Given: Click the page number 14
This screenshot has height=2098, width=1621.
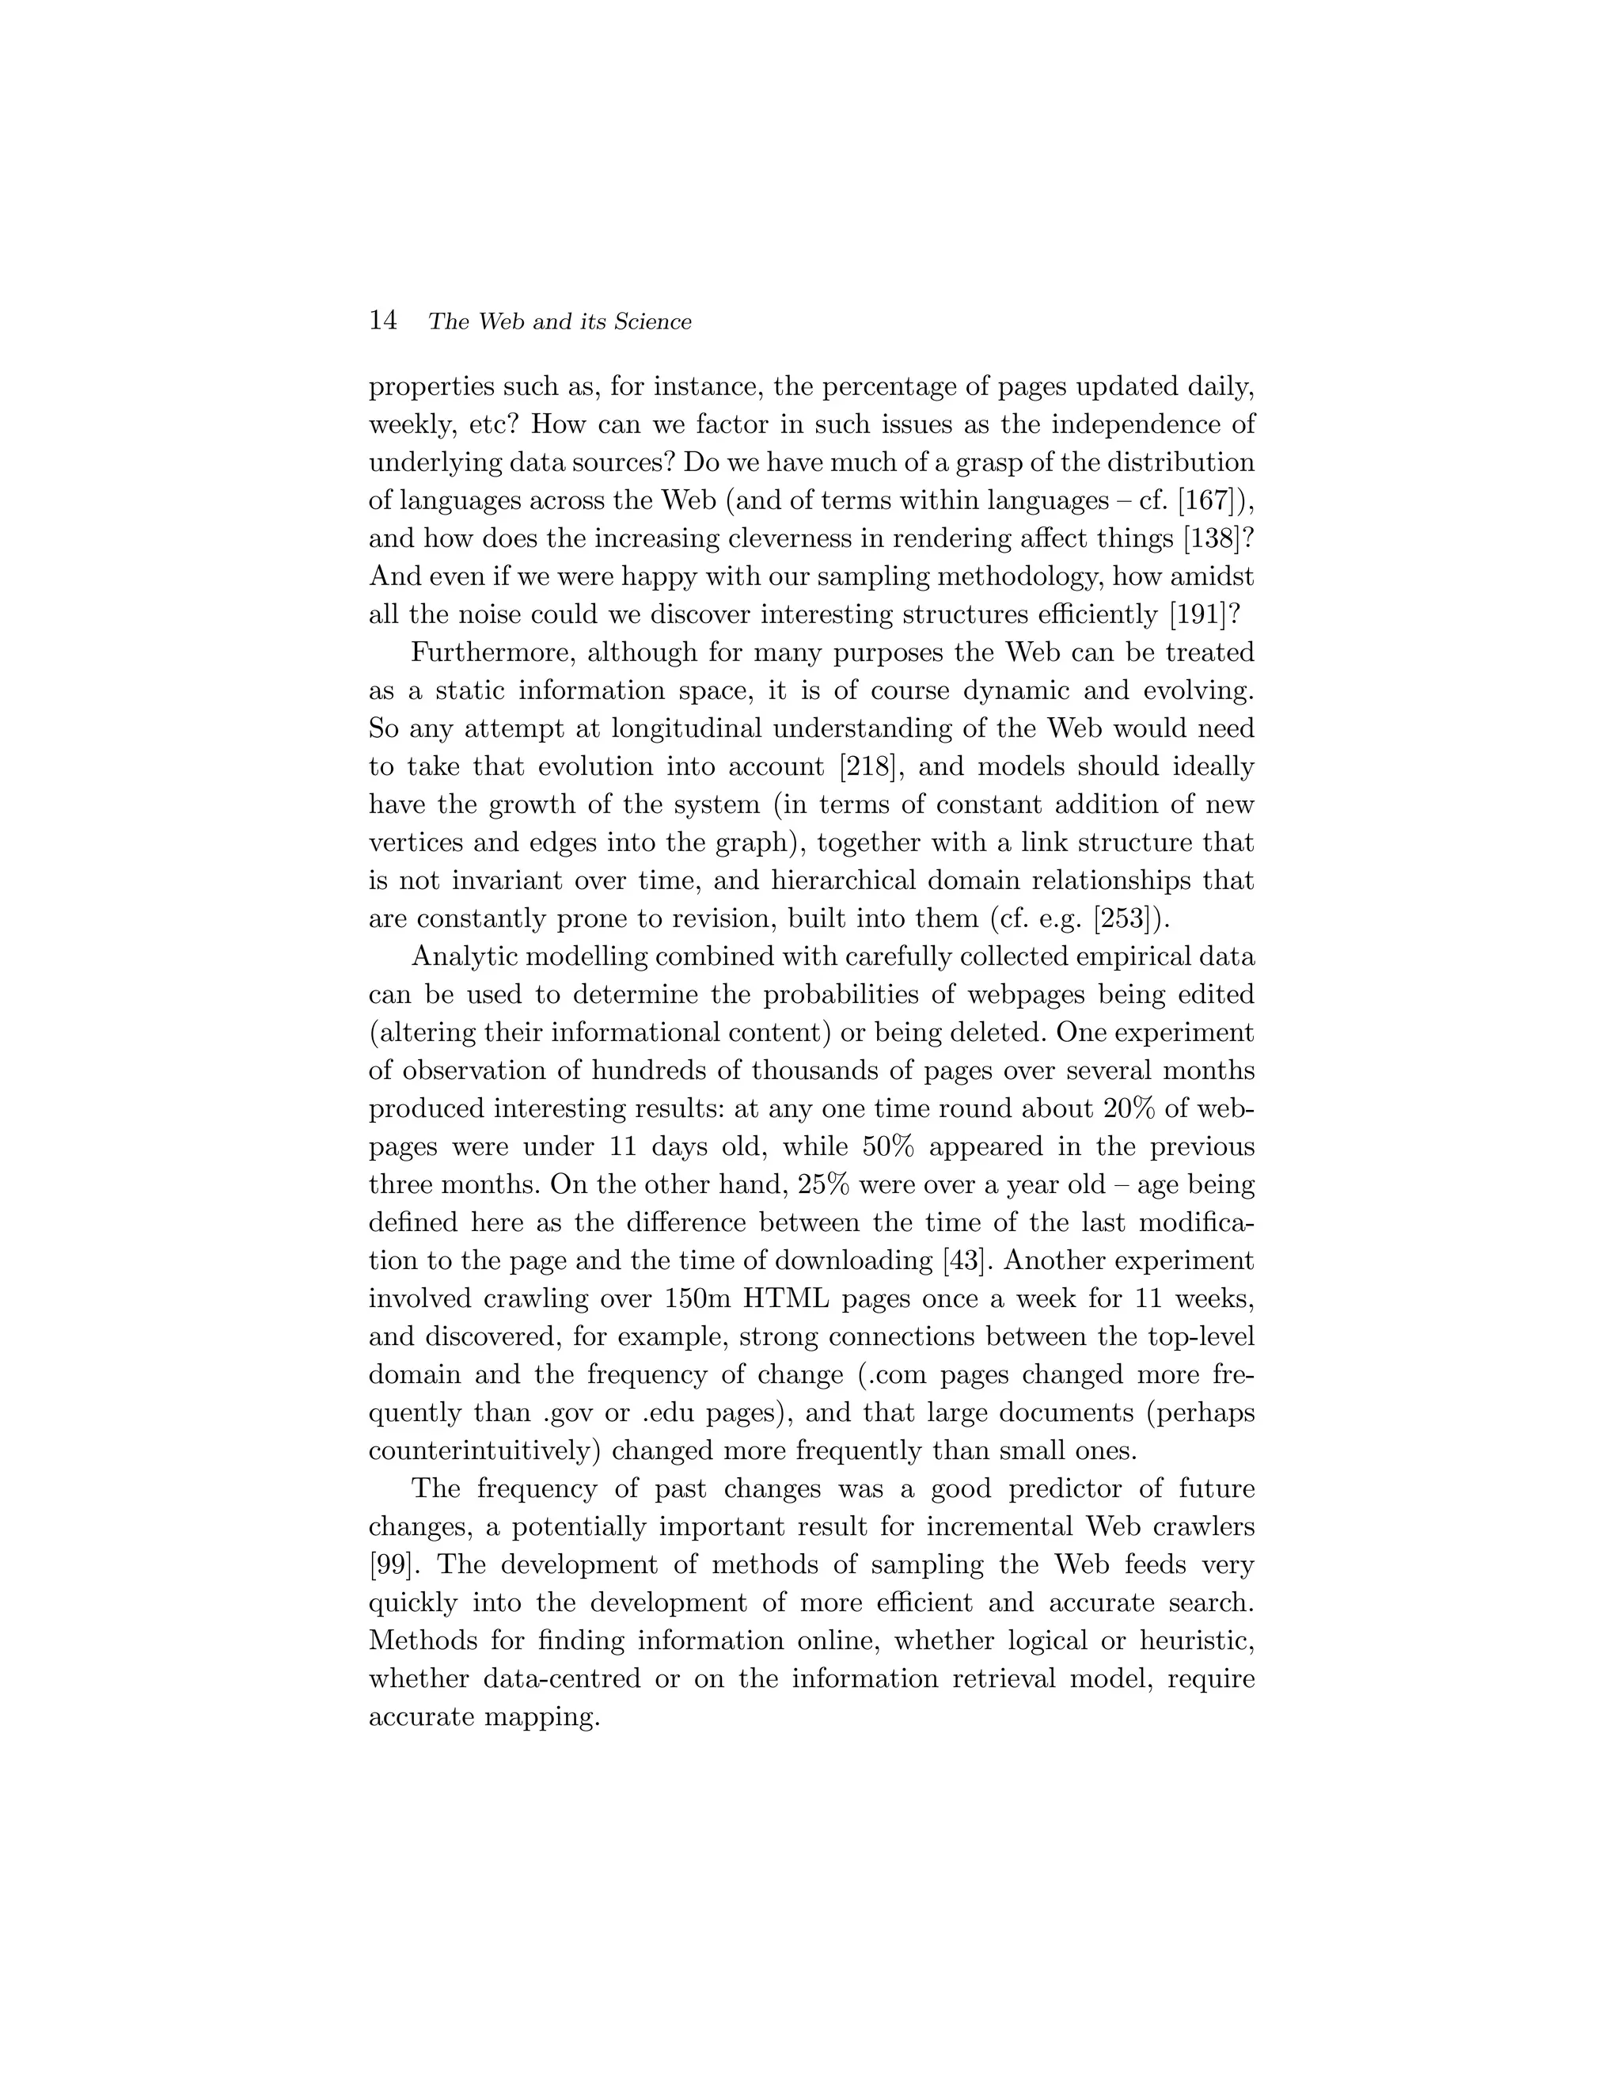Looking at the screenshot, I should tap(382, 321).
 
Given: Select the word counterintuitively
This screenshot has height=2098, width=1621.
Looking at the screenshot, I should tap(484, 1450).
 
